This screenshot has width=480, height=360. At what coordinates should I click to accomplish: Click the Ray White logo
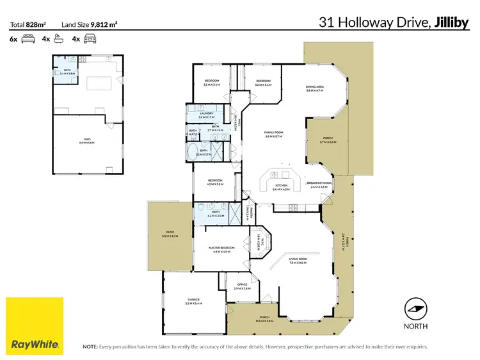point(35,325)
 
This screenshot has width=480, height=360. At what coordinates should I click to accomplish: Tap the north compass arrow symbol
point(417,309)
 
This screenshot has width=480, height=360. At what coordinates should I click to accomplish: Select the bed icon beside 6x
point(28,39)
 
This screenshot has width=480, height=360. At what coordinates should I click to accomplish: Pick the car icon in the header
point(89,39)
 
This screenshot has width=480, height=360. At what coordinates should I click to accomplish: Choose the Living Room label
point(298,259)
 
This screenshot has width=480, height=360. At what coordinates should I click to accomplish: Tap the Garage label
point(193,300)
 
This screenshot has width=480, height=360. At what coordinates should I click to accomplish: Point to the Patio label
point(170,234)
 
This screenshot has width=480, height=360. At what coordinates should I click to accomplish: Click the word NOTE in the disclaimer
point(90,347)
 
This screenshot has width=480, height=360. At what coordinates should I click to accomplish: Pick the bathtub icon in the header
point(58,39)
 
